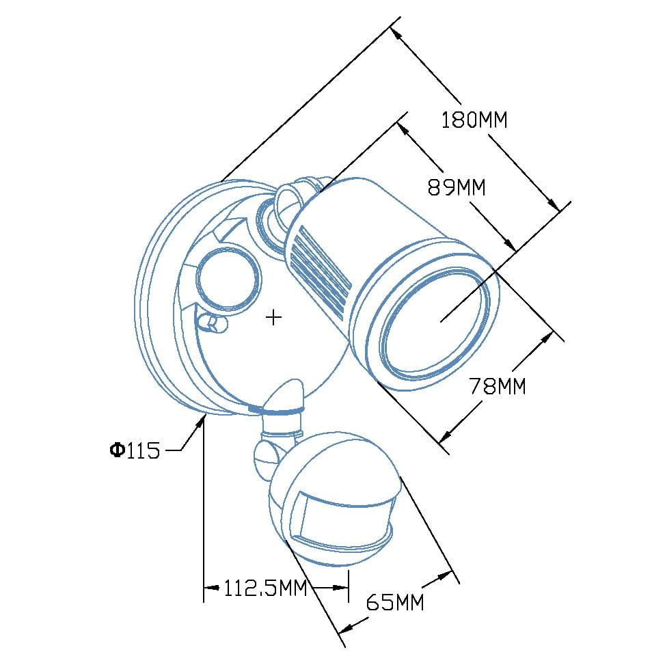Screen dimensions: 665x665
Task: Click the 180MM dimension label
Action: (x=474, y=120)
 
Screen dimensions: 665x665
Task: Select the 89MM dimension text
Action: (x=457, y=187)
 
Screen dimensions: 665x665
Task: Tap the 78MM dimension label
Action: (x=498, y=385)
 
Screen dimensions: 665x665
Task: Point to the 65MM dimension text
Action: (x=395, y=601)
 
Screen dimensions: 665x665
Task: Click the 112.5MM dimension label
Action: (x=265, y=588)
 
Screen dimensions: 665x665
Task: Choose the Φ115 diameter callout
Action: (x=135, y=450)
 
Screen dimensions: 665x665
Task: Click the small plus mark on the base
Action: (x=273, y=317)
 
